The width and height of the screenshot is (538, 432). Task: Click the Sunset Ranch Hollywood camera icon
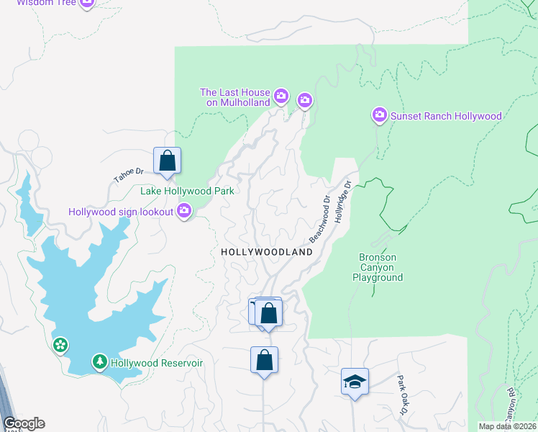(x=379, y=115)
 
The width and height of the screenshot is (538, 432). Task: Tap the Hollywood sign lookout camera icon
(x=184, y=211)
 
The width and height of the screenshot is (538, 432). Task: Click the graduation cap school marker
(x=355, y=381)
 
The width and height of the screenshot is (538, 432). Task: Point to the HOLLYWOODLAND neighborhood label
(x=267, y=253)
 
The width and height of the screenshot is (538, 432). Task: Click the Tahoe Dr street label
(x=129, y=176)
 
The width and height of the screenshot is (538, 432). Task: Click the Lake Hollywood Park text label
(x=187, y=192)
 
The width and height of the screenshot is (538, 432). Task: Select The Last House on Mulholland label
(x=234, y=97)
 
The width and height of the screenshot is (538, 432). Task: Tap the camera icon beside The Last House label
(x=281, y=96)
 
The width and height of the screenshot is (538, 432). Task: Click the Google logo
(x=24, y=423)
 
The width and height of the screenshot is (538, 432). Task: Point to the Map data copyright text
(x=507, y=426)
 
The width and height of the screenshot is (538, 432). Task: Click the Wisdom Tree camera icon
(x=87, y=3)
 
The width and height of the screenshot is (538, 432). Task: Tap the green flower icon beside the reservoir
(x=60, y=346)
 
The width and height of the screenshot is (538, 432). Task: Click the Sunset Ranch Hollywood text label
(x=445, y=116)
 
